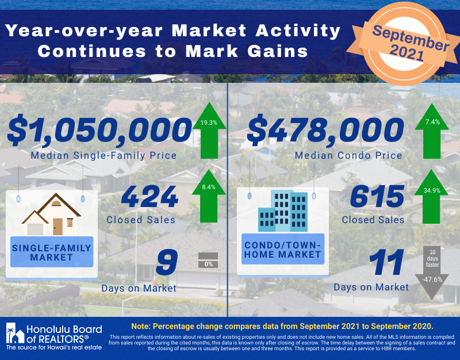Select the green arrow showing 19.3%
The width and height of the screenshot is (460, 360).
click(209, 131)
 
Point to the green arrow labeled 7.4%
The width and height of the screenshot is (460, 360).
click(432, 131)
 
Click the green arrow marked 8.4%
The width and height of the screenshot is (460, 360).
click(209, 196)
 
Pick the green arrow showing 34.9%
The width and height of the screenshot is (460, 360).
click(431, 197)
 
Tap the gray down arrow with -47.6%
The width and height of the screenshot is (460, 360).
click(432, 273)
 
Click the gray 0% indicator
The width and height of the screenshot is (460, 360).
click(208, 261)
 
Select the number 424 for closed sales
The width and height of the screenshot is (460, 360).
click(149, 197)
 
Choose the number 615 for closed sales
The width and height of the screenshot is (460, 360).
click(377, 197)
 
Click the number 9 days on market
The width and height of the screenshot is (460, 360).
click(167, 262)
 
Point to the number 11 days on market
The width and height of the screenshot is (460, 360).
click(386, 262)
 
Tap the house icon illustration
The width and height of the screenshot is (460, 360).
click(51, 214)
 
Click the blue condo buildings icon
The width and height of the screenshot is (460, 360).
click(283, 210)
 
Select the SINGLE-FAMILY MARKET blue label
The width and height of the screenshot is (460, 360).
click(52, 252)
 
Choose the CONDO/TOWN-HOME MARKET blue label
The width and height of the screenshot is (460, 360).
click(283, 250)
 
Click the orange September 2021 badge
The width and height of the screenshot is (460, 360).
click(404, 44)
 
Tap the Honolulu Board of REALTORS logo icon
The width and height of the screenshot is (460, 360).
click(16, 334)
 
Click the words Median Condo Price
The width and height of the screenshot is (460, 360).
click(348, 155)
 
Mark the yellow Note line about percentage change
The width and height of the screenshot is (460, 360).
click(282, 326)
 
